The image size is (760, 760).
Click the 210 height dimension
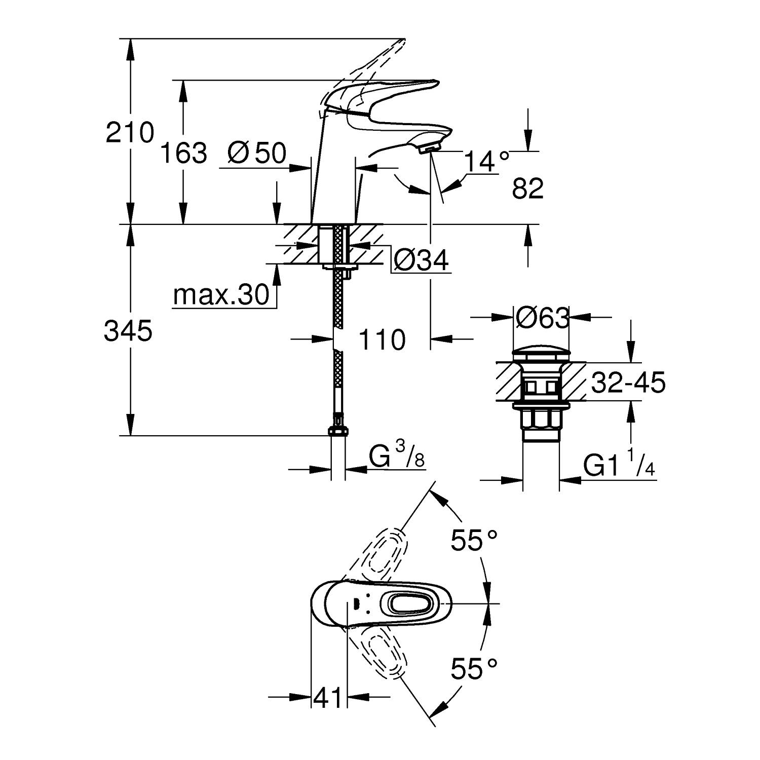(129, 133)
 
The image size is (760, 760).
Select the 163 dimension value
(183, 153)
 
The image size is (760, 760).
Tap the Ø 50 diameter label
(257, 153)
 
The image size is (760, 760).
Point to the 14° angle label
(485, 162)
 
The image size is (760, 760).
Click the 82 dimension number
(527, 189)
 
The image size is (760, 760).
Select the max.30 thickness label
(221, 295)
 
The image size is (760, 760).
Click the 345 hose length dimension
(128, 331)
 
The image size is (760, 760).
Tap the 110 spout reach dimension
(382, 339)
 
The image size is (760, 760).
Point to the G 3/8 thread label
(397, 458)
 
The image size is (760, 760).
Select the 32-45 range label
(628, 383)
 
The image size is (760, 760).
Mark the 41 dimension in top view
(328, 699)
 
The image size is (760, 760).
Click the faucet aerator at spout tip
(430, 147)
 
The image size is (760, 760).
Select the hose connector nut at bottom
(338, 431)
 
